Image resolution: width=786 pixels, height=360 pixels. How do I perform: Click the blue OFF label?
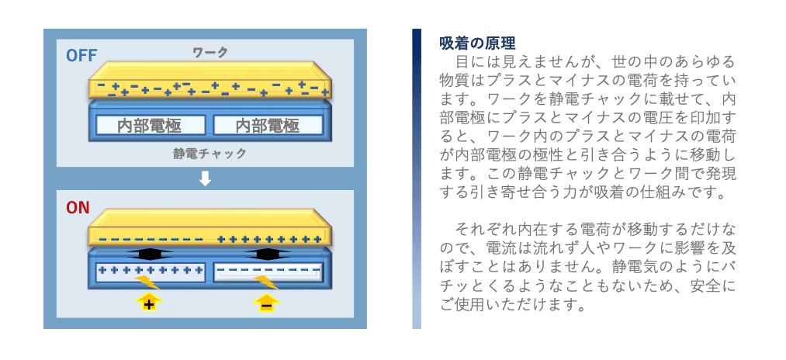[81, 55]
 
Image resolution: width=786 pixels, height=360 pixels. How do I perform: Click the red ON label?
[78, 207]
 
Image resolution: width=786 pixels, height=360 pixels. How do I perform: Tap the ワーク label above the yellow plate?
[209, 52]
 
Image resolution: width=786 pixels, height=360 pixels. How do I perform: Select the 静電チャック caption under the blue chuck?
[209, 153]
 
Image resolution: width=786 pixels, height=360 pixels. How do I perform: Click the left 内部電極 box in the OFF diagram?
[151, 125]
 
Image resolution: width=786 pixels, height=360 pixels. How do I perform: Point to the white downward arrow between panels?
[206, 178]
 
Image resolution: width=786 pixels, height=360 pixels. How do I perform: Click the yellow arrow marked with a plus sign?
[149, 302]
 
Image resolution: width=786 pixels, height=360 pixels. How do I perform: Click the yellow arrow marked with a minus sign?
[266, 302]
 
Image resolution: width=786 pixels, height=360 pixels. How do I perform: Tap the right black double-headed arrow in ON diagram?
[266, 254]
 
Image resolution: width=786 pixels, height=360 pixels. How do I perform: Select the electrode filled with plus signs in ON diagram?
[150, 272]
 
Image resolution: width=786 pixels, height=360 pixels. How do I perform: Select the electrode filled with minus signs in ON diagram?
[268, 272]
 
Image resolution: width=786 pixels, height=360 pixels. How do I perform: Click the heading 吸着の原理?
[477, 43]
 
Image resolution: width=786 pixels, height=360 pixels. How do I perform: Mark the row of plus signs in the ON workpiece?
[269, 239]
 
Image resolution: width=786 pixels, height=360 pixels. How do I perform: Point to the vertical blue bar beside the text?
[417, 178]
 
